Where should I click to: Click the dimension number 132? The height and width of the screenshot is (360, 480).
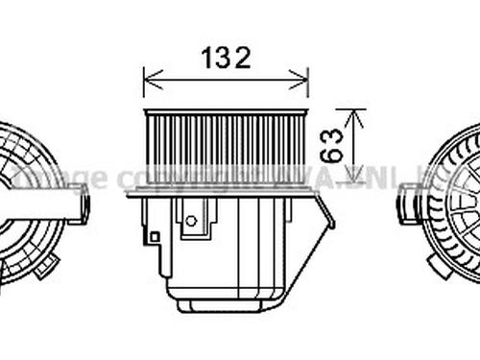point(226,59)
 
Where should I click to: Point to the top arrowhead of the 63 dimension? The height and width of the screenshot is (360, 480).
point(356,114)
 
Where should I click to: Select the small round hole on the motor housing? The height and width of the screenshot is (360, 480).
point(190,221)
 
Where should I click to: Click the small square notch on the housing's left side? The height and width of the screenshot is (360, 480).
point(154,235)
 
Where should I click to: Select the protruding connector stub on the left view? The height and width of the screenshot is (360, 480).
point(81,204)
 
